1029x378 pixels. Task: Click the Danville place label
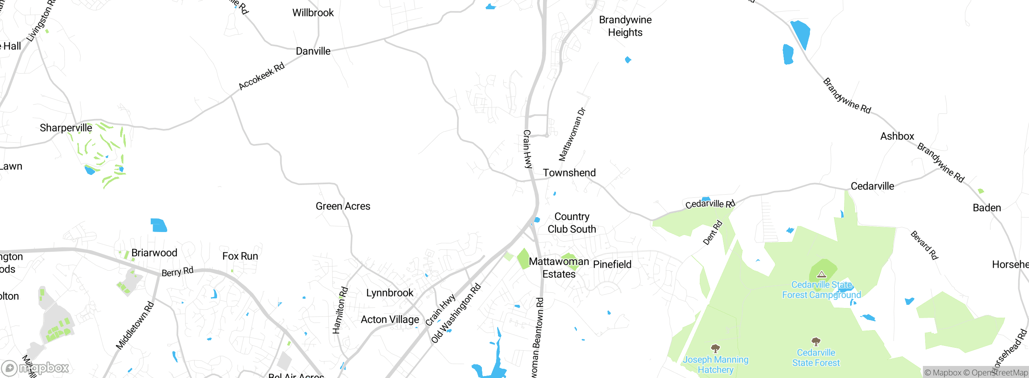313,51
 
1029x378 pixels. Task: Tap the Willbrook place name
313,13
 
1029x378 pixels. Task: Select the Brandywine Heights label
625,26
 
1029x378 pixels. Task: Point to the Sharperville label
66,128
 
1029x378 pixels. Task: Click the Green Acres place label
343,206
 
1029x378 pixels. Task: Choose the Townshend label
569,173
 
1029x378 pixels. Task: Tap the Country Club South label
572,223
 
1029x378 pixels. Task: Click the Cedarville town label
872,186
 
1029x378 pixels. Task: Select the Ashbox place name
897,136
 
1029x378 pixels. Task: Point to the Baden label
987,208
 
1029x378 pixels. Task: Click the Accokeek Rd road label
261,76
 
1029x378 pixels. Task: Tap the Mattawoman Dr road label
572,135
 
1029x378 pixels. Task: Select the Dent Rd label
712,233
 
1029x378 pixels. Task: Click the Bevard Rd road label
924,245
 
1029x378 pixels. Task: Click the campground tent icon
822,275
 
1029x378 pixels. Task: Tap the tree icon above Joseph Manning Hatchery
715,348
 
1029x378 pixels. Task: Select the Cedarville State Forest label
816,357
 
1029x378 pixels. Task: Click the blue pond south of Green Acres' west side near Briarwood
159,225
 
